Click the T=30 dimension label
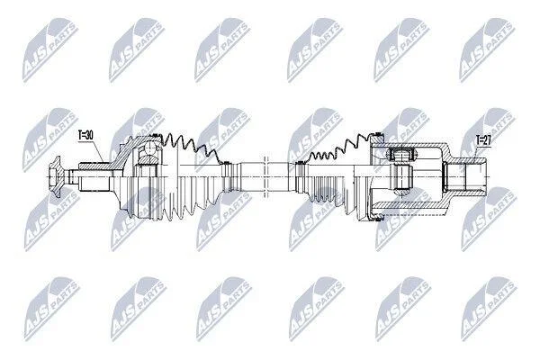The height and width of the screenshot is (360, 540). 85,135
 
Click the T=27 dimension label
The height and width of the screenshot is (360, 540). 483,139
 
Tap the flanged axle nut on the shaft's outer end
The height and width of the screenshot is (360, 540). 55,176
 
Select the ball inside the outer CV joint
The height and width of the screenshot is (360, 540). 151,148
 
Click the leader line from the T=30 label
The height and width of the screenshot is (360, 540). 98,151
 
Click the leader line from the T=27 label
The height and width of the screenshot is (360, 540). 475,151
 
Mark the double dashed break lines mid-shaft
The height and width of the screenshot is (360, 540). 265,176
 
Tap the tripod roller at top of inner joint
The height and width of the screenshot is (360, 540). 401,154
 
